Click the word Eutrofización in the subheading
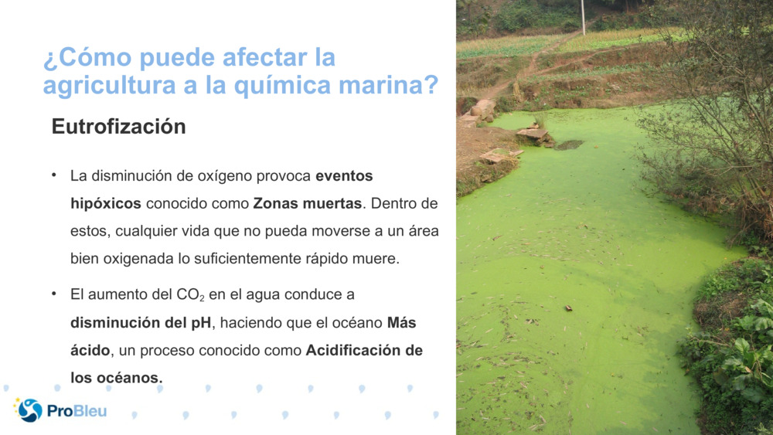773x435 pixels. tap(118, 127)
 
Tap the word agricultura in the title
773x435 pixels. tap(109, 85)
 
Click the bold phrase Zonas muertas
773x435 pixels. tap(307, 204)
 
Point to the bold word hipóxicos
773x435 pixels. tap(106, 204)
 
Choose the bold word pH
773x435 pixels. tap(201, 322)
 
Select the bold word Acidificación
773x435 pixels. tap(355, 350)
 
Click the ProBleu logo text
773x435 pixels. tap(77, 411)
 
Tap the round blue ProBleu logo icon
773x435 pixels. tap(29, 410)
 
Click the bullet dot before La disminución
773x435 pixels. tap(55, 175)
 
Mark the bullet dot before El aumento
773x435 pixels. tap(55, 294)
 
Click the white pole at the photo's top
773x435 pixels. tap(583, 17)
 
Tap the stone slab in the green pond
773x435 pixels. tap(533, 134)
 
